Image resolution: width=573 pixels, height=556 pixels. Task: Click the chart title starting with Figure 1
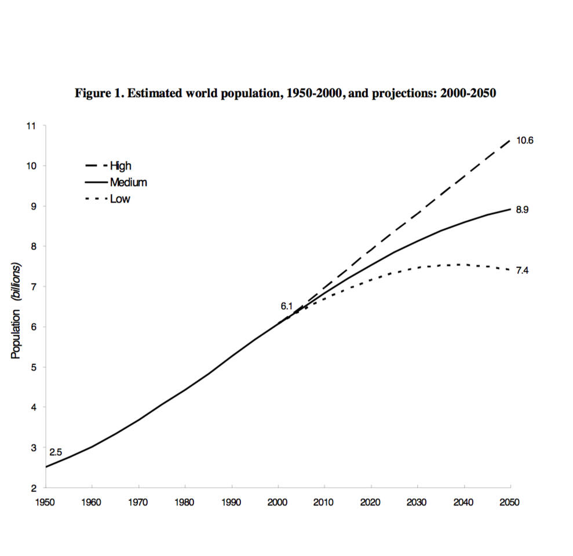point(286,94)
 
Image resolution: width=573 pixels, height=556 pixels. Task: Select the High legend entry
point(121,166)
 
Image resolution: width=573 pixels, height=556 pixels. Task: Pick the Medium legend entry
point(128,182)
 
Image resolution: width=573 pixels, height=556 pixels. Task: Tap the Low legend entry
point(120,199)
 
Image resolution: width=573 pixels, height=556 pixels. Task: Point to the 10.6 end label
point(524,140)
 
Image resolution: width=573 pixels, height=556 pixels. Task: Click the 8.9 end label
point(523,210)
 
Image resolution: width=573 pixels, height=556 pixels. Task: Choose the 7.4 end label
point(523,270)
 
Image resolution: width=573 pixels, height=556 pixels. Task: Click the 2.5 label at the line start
point(56,452)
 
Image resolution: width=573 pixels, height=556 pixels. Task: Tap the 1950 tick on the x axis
point(45,502)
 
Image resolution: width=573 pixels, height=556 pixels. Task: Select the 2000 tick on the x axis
point(278,502)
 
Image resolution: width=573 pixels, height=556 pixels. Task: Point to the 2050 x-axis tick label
point(510,502)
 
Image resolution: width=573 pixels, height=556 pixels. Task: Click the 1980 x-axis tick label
point(185,502)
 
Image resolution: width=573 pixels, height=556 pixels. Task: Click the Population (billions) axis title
point(16,310)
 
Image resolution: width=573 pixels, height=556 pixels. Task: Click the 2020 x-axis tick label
point(371,502)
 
